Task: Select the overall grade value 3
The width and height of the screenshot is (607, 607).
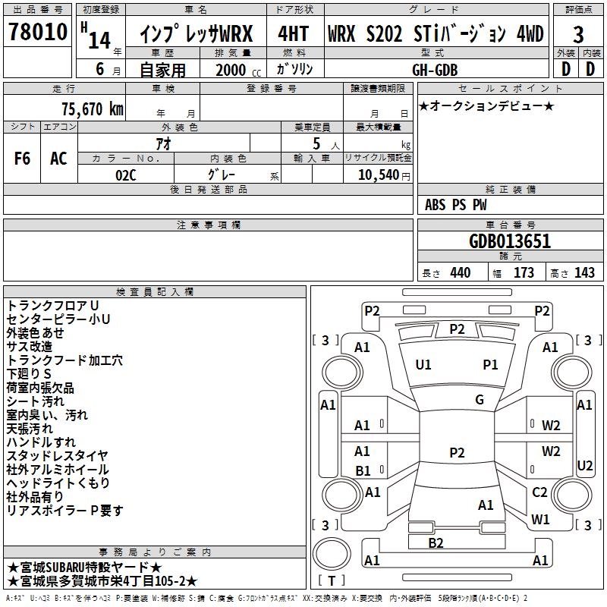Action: [x=578, y=35]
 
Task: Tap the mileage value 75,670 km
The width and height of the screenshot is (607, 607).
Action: [x=92, y=109]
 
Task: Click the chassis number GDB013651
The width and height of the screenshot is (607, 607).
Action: [x=511, y=241]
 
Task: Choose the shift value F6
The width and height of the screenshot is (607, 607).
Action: [x=23, y=159]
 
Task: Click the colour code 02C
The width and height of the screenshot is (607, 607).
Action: [x=125, y=175]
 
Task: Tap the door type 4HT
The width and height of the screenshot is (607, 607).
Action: [x=293, y=34]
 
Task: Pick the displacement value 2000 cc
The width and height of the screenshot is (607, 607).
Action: [x=231, y=70]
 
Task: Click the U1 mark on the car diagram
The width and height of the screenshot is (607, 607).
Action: [x=423, y=365]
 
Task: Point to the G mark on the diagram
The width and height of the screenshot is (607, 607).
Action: [x=480, y=400]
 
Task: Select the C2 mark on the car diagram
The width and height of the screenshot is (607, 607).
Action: [x=539, y=492]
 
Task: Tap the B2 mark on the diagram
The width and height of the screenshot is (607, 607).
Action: [x=436, y=543]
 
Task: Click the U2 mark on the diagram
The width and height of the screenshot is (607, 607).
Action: [x=585, y=465]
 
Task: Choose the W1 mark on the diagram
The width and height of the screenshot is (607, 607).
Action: [x=540, y=520]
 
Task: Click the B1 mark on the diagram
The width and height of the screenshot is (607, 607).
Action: [x=363, y=471]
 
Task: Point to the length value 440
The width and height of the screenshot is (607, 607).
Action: [x=460, y=272]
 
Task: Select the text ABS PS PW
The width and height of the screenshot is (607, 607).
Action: [x=456, y=205]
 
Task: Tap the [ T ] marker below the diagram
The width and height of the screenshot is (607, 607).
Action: [x=332, y=581]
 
